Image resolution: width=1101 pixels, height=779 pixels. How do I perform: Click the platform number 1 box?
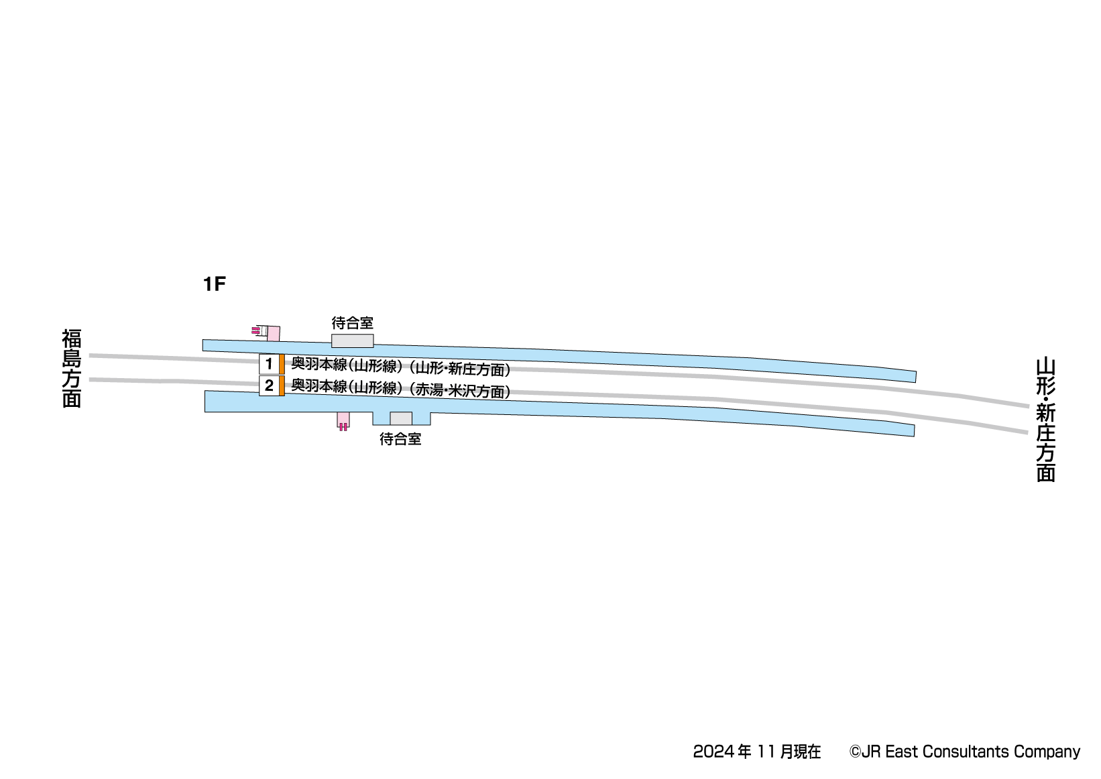(x=269, y=364)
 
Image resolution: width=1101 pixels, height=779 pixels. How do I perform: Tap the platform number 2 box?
(x=269, y=386)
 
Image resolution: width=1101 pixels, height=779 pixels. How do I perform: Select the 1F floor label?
(x=215, y=284)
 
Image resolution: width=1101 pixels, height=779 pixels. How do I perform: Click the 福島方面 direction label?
(x=71, y=368)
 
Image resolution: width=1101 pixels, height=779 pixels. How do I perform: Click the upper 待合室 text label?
(x=353, y=323)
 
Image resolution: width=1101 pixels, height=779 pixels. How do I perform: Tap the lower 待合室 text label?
(x=400, y=439)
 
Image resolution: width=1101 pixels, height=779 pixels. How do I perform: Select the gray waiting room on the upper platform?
(x=353, y=341)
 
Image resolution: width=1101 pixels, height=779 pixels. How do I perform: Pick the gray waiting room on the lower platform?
(x=401, y=418)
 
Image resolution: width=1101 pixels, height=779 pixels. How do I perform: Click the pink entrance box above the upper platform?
(x=274, y=334)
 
